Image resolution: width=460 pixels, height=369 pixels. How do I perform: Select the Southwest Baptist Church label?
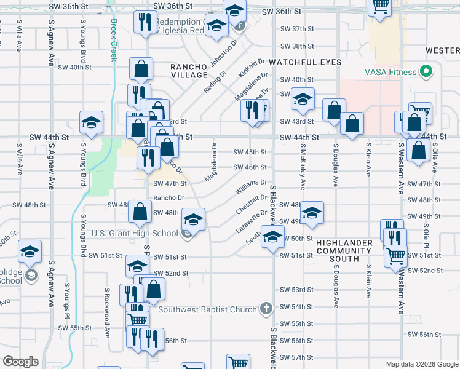point(207,309)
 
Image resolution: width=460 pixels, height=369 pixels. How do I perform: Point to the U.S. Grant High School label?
point(135,233)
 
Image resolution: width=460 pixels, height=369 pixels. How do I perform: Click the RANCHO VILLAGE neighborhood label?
point(189,70)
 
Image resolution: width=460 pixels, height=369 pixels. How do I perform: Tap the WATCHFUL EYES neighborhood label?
point(305,62)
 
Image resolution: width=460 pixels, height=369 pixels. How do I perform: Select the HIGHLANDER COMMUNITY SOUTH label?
point(344,250)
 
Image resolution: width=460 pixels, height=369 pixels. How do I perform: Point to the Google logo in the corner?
point(20,362)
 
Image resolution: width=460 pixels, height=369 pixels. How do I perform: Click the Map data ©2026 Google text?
point(422,364)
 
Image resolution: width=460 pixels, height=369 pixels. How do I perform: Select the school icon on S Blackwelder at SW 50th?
point(271,236)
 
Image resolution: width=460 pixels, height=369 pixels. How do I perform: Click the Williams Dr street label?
point(251,187)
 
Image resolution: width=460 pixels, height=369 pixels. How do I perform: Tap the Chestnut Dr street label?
point(251,204)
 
